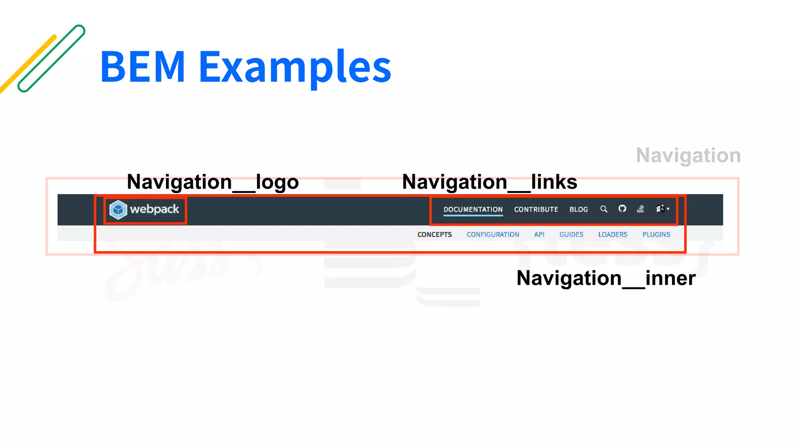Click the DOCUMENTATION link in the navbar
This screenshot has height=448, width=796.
click(x=473, y=209)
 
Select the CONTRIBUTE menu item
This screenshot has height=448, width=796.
click(x=536, y=209)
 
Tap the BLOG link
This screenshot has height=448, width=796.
click(x=578, y=209)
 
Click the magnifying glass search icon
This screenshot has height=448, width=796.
click(x=604, y=209)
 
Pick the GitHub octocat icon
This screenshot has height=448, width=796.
click(x=622, y=209)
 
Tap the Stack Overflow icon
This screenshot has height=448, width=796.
click(x=641, y=209)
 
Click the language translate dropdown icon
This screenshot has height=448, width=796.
click(x=662, y=209)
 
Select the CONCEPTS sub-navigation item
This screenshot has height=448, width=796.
click(x=435, y=234)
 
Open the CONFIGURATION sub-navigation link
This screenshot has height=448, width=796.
click(x=493, y=234)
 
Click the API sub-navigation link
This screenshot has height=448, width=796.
click(x=539, y=234)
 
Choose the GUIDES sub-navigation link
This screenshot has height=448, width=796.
click(x=571, y=234)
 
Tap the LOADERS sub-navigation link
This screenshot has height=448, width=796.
click(x=613, y=234)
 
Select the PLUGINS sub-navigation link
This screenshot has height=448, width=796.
click(x=656, y=234)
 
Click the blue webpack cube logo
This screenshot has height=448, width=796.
click(x=118, y=210)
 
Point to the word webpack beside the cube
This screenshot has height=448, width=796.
click(x=154, y=209)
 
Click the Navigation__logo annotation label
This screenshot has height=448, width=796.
click(x=213, y=182)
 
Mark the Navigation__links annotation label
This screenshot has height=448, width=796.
click(x=490, y=182)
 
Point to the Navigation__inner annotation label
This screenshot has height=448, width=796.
click(x=606, y=278)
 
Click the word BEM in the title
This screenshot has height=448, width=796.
click(x=143, y=67)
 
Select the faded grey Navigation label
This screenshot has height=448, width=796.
click(x=688, y=155)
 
